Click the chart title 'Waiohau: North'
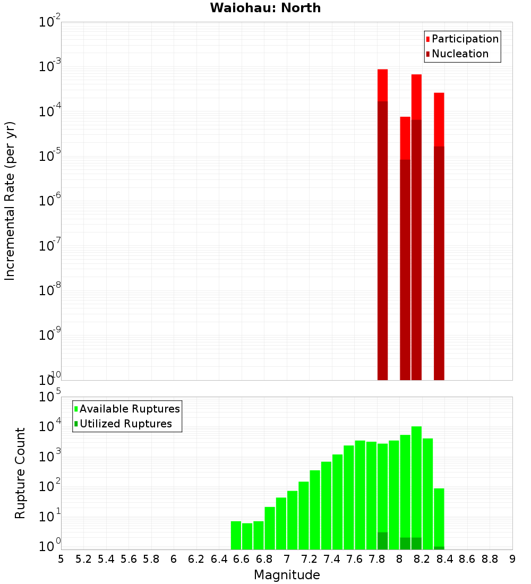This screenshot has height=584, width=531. point(265,8)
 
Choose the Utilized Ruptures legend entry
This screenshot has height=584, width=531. point(125,424)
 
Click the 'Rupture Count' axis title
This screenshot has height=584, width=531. point(20,473)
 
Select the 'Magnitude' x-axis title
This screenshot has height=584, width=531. point(287,575)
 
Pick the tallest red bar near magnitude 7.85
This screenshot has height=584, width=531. point(382,85)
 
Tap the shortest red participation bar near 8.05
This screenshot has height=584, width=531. point(405,138)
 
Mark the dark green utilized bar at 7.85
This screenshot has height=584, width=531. point(382,541)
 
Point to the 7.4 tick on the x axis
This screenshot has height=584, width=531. point(332,559)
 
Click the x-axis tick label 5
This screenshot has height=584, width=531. point(61,559)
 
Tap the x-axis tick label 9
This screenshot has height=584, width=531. point(512,559)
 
